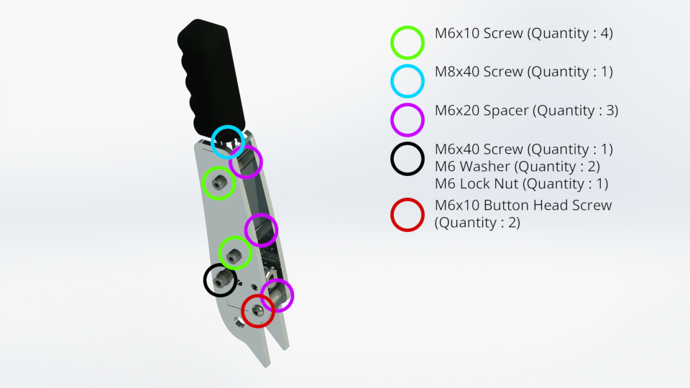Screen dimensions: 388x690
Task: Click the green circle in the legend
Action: (408, 42)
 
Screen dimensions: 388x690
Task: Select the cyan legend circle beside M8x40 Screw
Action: (408, 80)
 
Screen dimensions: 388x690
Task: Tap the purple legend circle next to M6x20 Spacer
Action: (408, 119)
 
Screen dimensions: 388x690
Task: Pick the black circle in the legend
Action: (408, 158)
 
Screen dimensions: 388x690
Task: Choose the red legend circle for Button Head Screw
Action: (408, 214)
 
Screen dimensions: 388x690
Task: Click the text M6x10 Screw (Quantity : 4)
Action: (524, 33)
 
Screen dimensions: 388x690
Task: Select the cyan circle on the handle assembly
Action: (229, 142)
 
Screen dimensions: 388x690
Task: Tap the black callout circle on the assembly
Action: (221, 280)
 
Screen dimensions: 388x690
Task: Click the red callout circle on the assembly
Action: (257, 311)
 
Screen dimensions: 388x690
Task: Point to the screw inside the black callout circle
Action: (222, 280)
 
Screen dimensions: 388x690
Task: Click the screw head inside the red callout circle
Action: (257, 311)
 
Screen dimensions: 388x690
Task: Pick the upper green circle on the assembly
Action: (218, 183)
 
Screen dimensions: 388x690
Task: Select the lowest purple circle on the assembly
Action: (277, 295)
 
